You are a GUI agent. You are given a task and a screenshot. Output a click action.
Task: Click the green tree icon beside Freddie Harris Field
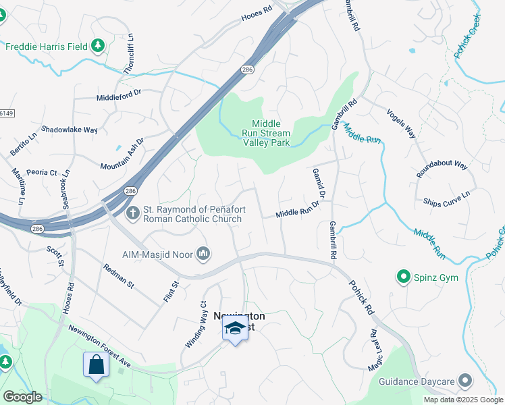tap(99, 46)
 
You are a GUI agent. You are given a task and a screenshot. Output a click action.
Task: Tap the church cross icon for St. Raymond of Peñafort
tap(133, 213)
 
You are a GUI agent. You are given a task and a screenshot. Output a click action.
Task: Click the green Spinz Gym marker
tap(404, 277)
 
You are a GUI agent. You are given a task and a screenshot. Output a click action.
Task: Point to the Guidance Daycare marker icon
tap(464, 381)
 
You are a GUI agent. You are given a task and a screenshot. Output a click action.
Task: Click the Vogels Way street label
tap(401, 123)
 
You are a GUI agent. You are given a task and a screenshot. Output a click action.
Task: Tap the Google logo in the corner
tap(22, 396)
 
